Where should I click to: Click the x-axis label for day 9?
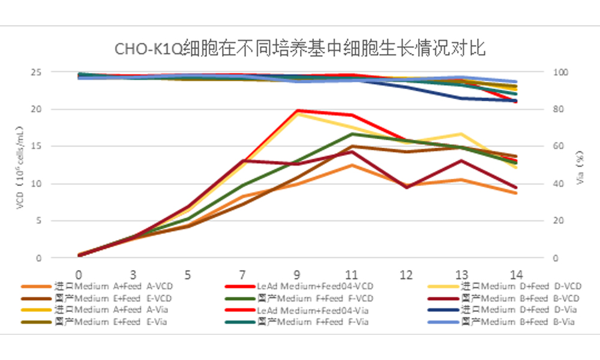coord(297,275)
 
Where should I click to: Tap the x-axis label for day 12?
coord(406,275)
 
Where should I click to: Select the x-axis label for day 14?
coord(515,275)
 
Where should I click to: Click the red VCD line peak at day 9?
coord(297,110)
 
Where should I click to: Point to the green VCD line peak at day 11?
coord(352,134)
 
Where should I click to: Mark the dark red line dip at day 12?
coord(406,187)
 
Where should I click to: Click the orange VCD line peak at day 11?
coord(352,165)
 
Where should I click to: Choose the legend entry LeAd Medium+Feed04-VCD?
coord(316,287)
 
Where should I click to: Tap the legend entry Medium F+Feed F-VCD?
coord(316,298)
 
